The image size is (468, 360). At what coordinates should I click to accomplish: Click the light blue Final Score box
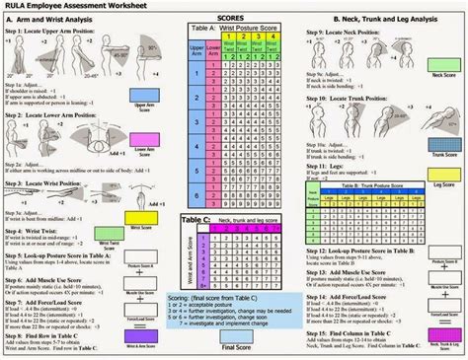(x=235, y=335)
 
